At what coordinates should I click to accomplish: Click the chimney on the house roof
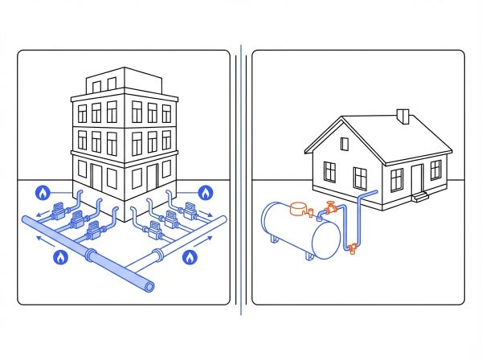tap(403, 117)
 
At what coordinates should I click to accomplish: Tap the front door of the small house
tap(416, 178)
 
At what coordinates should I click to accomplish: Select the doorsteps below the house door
tap(419, 196)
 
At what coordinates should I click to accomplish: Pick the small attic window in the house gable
tap(345, 145)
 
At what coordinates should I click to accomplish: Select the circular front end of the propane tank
tap(325, 239)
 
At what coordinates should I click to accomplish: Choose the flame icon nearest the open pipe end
tap(190, 257)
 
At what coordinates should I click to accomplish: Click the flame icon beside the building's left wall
tap(41, 193)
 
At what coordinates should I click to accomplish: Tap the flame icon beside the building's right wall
tap(205, 193)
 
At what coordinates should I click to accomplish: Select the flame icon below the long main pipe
tap(59, 257)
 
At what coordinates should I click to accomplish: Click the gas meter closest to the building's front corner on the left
tap(95, 227)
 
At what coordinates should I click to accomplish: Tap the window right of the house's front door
tap(435, 170)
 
